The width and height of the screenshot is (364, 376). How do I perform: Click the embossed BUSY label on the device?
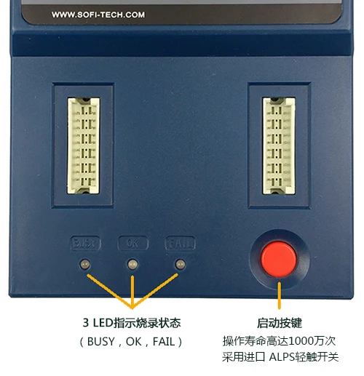pos(84,242)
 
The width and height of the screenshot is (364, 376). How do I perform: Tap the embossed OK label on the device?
pos(132,242)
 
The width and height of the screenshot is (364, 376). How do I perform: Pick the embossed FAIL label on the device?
pos(180,242)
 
